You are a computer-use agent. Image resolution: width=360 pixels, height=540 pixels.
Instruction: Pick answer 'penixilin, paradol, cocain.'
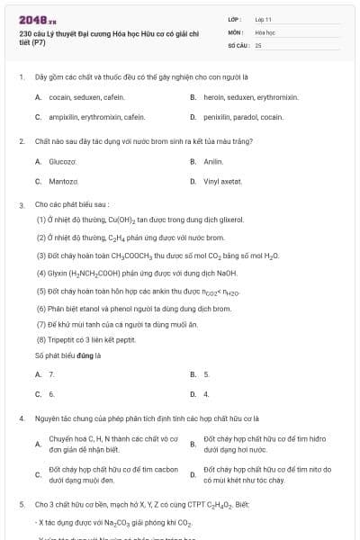point(243,117)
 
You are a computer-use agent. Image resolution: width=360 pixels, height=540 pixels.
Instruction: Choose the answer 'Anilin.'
point(212,161)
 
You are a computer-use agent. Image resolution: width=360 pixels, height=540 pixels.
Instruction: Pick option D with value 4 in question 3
point(206,394)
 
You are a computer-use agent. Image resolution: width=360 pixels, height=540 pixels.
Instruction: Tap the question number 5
point(21,506)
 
